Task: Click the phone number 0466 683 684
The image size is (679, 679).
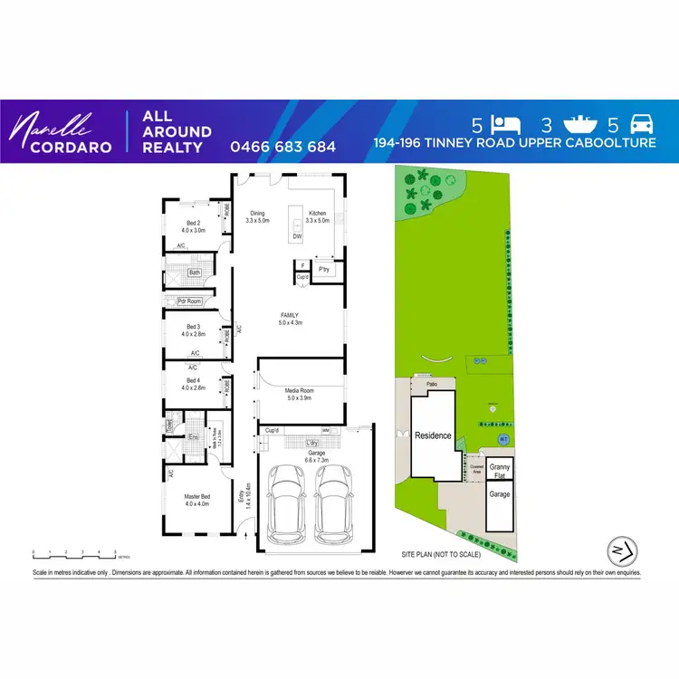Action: pyautogui.click(x=283, y=147)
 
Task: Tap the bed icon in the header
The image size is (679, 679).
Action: pyautogui.click(x=507, y=125)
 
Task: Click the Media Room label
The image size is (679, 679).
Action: pyautogui.click(x=299, y=393)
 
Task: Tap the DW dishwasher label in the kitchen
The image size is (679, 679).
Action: pyautogui.click(x=296, y=237)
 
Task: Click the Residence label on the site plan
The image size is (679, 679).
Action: pyautogui.click(x=433, y=435)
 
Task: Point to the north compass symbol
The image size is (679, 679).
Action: pyautogui.click(x=617, y=550)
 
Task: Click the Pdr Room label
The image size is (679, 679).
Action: pyautogui.click(x=187, y=301)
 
